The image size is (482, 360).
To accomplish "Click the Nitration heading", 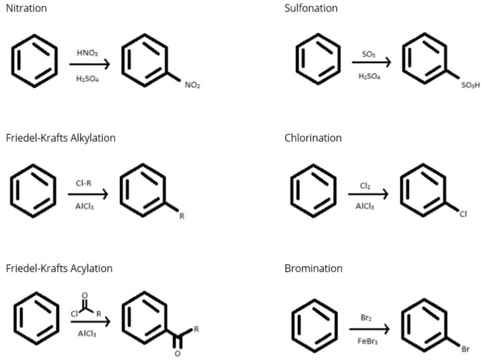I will tap(26, 8).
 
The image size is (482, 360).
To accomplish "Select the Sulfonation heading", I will tap(311, 8).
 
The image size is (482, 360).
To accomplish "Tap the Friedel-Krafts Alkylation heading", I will tap(60, 138).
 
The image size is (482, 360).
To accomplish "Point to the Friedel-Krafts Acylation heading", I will tap(59, 268).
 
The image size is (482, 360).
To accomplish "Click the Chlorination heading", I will tap(313, 138).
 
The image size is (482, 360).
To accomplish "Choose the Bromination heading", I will tap(313, 268).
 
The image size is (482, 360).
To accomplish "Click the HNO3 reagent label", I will tap(87, 53).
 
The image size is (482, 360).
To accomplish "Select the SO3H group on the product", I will tap(470, 85).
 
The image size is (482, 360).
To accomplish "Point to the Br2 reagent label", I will tap(366, 317).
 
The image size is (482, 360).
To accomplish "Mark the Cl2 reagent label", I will tap(365, 186).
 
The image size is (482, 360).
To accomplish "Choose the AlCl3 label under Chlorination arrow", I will tap(365, 206).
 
